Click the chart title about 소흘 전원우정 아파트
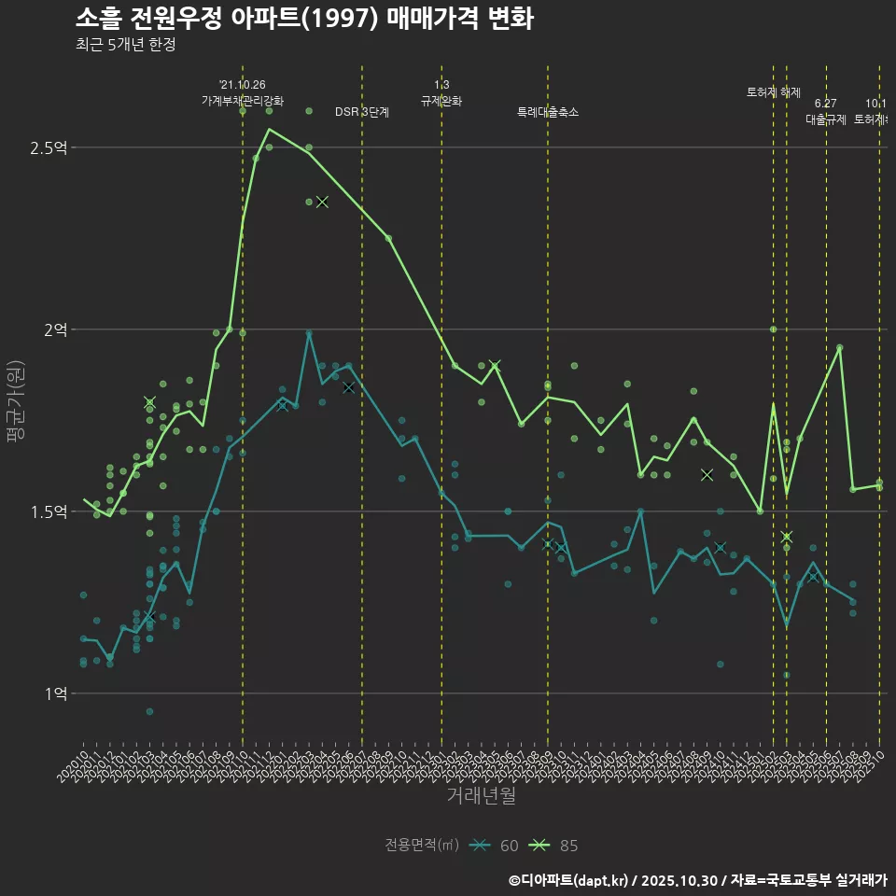tap(304, 19)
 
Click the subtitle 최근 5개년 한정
tap(125, 45)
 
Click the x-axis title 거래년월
tap(481, 796)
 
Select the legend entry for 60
tap(494, 846)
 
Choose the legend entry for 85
tap(553, 846)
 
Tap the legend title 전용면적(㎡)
tap(422, 846)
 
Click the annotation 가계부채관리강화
tap(243, 100)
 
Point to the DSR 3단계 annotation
tap(362, 112)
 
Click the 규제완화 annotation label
tap(441, 100)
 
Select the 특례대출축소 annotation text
tap(548, 112)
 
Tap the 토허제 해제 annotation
tap(774, 92)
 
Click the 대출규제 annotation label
tap(826, 119)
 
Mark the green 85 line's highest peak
tap(269, 129)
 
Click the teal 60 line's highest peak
tap(309, 331)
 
